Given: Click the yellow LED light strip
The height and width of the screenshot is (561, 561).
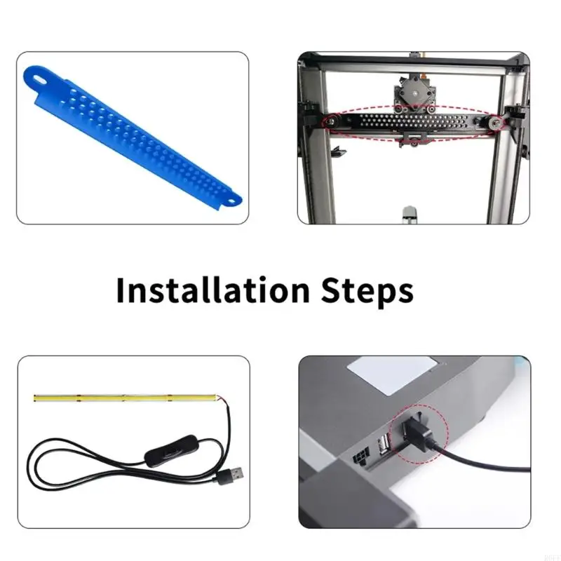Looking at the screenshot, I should (x=126, y=399).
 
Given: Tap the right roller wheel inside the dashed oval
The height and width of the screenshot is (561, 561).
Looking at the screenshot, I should (x=496, y=123).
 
